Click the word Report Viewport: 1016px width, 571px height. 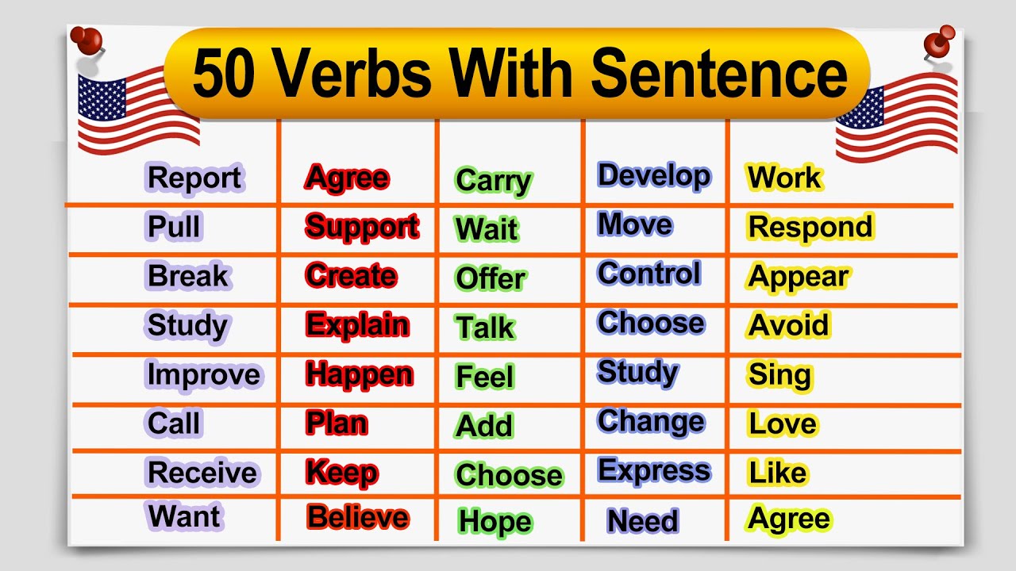pos(194,178)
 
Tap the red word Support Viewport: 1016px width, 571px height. pos(362,227)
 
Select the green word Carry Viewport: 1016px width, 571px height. pos(493,181)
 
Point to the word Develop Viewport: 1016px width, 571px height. pos(654,175)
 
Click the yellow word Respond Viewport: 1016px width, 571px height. pos(810,227)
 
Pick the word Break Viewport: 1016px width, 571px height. pos(188,276)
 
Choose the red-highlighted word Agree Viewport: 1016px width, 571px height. pos(348,178)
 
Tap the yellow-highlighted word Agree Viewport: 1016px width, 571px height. pos(789,519)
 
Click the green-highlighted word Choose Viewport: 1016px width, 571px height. pos(509,475)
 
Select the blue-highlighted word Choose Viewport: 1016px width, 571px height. pos(651,323)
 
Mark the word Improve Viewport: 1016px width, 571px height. pos(203,374)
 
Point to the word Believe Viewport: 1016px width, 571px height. pos(358,517)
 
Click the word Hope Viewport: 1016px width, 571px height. pos(495,521)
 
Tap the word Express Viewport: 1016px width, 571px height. pos(654,470)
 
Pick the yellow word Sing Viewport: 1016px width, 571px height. pos(779,374)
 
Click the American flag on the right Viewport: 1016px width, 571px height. pos(897,115)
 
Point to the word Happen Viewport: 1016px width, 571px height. pos(360,374)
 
